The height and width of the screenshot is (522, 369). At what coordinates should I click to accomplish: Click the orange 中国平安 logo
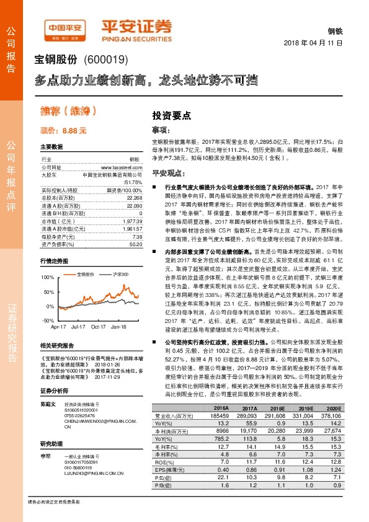click(x=64, y=29)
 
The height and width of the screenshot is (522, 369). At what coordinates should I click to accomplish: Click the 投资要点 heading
click(x=171, y=115)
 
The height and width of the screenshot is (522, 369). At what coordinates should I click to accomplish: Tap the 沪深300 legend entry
click(x=119, y=273)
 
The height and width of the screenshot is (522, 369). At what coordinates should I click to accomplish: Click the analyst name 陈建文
click(x=48, y=404)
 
